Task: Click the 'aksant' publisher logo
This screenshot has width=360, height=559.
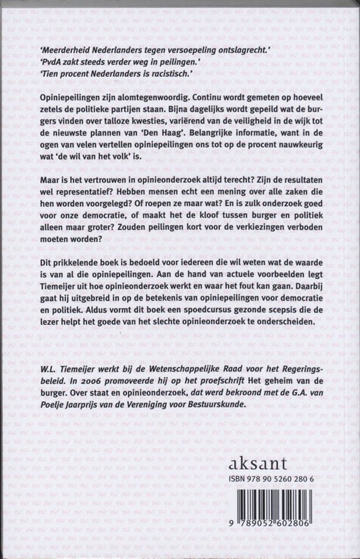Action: click(259, 464)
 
